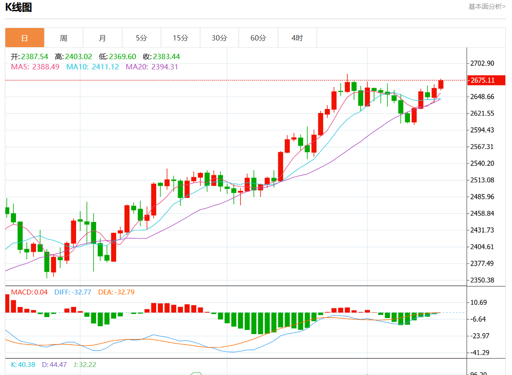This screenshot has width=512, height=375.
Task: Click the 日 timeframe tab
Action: pos(24,38)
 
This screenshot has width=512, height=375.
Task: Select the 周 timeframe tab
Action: pos(64,38)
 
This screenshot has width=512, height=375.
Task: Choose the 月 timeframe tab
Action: pos(102,38)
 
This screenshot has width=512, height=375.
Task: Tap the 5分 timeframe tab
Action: pos(141,38)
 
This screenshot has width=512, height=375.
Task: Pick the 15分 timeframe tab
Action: pos(180,38)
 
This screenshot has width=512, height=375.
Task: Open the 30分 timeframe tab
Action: pos(219,38)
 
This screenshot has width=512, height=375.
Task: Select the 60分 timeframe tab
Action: pos(258,38)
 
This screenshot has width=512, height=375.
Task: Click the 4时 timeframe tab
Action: pos(297,38)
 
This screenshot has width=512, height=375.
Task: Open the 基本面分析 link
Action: pos(487,6)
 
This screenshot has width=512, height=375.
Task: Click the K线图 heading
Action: pos(18,7)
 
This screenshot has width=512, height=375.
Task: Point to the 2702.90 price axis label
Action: pos(482,63)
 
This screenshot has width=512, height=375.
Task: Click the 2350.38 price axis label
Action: pos(482,280)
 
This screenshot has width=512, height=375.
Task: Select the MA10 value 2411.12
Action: pos(105,67)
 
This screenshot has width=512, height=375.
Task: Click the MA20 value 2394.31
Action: pos(165,67)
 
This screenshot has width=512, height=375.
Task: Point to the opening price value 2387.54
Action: pos(35,57)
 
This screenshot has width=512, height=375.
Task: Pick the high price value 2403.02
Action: pos(78,57)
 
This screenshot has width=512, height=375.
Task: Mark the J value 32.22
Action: pos(87,365)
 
